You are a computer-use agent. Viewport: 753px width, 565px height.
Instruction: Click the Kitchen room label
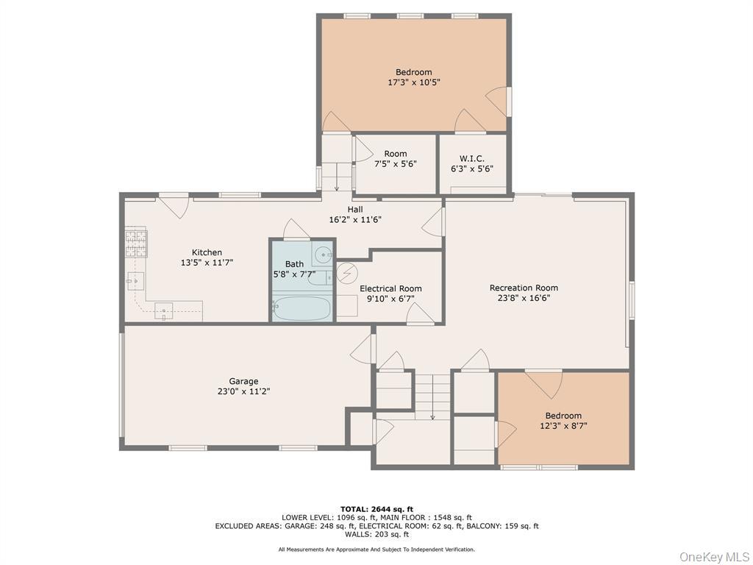207,252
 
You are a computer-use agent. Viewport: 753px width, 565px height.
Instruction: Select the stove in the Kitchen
135,244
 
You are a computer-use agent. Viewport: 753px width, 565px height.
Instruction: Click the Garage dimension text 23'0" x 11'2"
243,391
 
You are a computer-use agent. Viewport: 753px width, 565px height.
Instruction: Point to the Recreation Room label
524,288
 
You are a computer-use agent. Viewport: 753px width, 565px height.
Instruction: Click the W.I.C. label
471,158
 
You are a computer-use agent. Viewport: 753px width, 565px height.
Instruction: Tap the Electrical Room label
390,288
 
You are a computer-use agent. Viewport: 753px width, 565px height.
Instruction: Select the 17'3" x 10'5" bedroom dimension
413,82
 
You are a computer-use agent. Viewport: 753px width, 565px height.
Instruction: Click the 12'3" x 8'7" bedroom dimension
563,425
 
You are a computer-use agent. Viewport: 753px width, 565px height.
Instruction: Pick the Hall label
355,210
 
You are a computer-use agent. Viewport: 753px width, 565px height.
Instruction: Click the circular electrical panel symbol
346,273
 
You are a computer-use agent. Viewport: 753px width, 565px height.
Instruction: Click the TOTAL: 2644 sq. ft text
376,509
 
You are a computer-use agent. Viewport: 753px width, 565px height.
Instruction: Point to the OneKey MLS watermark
713,556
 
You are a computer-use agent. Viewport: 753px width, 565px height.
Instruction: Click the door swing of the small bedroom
544,383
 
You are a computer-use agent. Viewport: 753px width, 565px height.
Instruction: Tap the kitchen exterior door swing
174,206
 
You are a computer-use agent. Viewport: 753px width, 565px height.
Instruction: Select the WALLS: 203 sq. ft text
376,535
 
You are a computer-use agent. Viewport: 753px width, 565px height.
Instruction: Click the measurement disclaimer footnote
376,550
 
